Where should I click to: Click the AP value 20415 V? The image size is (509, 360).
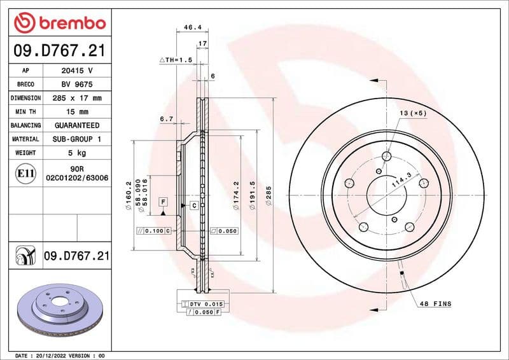[x=77, y=70]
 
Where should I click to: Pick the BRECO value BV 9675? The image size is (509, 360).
[x=77, y=84]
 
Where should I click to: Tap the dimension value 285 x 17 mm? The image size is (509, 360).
[x=77, y=98]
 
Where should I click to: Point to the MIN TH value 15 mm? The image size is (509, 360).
[x=77, y=112]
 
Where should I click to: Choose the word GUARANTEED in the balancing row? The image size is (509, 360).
[x=77, y=125]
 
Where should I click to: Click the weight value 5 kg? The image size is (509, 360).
[x=77, y=153]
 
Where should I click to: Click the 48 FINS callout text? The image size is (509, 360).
[x=435, y=304]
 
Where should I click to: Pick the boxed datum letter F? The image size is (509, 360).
[x=164, y=202]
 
